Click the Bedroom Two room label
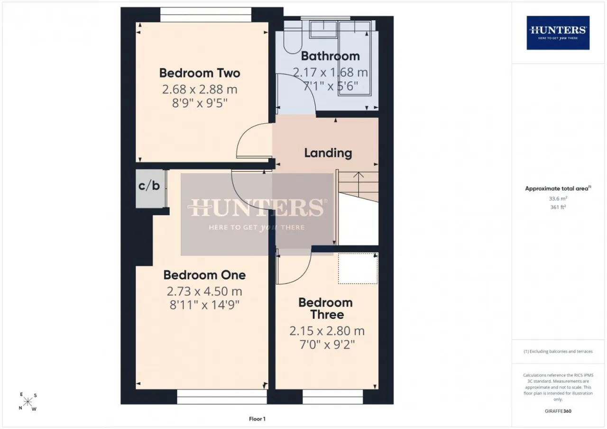tap(200, 73)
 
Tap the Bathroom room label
tap(331, 56)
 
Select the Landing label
tap(328, 153)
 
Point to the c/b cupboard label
tap(149, 185)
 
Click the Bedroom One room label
tap(204, 275)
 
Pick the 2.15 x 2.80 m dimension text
tap(327, 331)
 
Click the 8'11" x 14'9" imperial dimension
tap(204, 305)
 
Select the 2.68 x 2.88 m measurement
tap(200, 90)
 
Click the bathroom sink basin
tap(323, 30)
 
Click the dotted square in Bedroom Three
tap(358, 268)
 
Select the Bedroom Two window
tap(206, 15)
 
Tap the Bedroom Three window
tap(333, 397)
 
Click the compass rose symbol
tap(28, 402)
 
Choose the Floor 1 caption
tap(257, 419)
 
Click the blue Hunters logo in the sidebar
tap(558, 33)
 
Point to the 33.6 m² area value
tap(558, 198)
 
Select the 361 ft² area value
tap(558, 207)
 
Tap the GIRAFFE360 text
tap(558, 411)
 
